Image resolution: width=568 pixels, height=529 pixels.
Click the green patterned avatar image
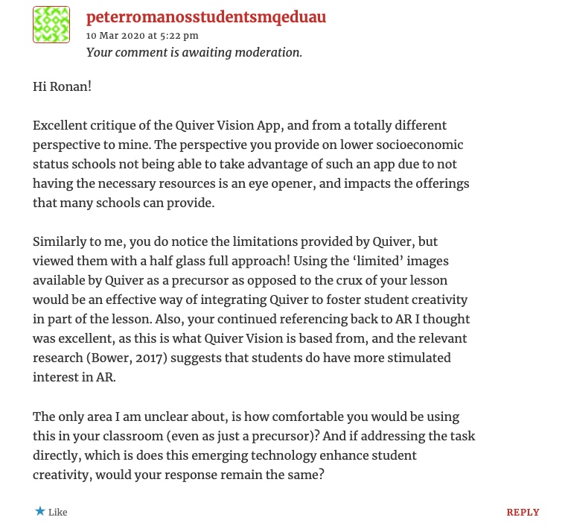[x=51, y=25]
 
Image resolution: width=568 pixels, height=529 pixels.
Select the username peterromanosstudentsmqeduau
[x=206, y=16]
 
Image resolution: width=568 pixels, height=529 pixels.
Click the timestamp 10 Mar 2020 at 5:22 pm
[x=142, y=35]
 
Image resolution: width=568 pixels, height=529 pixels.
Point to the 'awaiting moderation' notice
[x=194, y=52]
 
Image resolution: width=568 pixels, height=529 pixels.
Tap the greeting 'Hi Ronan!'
[x=62, y=86]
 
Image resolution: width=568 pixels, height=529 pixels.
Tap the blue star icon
[x=39, y=511]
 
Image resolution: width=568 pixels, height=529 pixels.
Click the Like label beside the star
[x=58, y=513]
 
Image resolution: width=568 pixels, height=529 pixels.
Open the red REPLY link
[x=523, y=513]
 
